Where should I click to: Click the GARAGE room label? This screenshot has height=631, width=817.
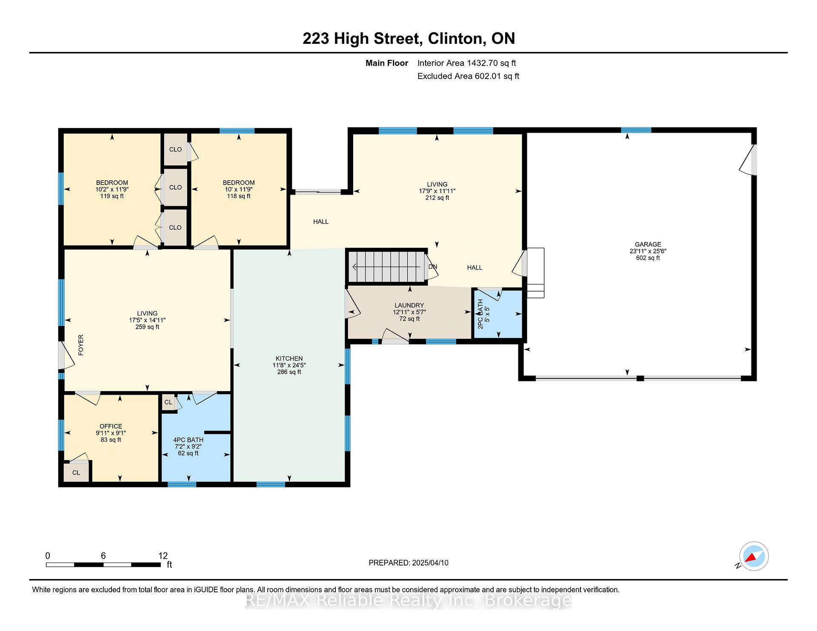pos(648,244)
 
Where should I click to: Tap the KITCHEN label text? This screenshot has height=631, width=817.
pos(289,358)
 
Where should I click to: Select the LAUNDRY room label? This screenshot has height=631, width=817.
pos(409,305)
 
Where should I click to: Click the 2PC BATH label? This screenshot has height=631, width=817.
pos(480,314)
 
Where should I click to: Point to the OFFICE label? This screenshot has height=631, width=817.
pos(111,426)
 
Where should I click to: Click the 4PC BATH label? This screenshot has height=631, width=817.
pos(188,440)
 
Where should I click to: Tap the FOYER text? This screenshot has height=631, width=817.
pos(81,345)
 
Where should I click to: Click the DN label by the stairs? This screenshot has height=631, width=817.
pos(433,267)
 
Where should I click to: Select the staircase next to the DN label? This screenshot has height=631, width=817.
pos(387,267)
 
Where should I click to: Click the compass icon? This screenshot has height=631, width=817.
pos(754,556)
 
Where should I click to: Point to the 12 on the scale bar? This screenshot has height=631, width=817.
pos(163,556)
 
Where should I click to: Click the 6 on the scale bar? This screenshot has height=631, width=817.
pos(103,556)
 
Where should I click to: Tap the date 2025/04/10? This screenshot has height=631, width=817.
pos(430,563)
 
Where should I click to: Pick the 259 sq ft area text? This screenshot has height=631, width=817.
pos(147,327)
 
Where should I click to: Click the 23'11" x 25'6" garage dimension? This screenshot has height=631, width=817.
pos(648,251)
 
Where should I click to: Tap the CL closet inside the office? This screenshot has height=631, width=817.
pos(76,472)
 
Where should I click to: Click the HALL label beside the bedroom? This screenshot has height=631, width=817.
pos(321,222)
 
